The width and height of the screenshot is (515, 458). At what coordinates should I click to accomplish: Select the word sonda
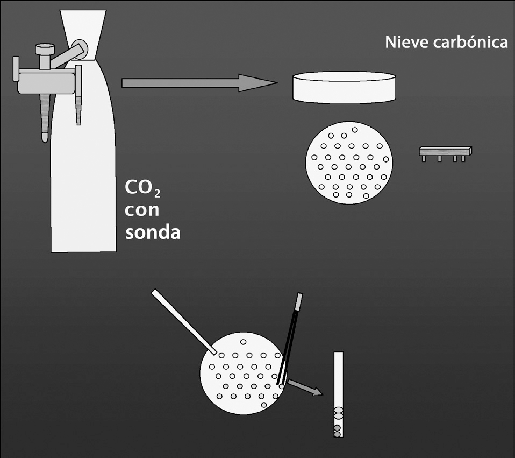(152, 232)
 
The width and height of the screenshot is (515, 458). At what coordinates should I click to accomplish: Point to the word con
(142, 210)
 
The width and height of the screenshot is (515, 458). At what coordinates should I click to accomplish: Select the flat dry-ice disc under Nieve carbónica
(345, 87)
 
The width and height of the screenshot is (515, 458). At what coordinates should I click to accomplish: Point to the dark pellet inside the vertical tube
(337, 428)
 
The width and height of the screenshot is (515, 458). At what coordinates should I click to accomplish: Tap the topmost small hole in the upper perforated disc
(354, 130)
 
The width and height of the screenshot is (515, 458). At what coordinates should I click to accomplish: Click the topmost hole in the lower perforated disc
(243, 342)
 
